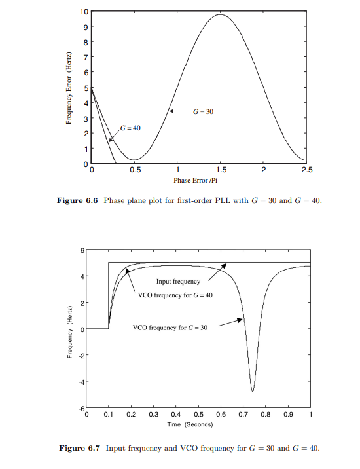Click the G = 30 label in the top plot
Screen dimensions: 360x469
(x=203, y=112)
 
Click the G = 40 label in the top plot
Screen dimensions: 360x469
(x=130, y=127)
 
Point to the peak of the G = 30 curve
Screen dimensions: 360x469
(x=221, y=14)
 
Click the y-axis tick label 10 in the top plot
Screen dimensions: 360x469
(x=84, y=12)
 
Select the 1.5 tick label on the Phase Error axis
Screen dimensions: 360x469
(x=221, y=170)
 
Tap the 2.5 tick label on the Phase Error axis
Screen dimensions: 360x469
(x=306, y=170)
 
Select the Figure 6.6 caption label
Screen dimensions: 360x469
(x=75, y=200)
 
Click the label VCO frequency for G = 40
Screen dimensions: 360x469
(x=176, y=295)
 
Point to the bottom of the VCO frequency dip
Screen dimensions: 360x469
(x=253, y=391)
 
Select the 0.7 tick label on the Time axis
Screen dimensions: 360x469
(x=243, y=415)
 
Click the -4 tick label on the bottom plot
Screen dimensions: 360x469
(x=82, y=382)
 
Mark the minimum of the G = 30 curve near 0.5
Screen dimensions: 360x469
(x=134, y=160)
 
